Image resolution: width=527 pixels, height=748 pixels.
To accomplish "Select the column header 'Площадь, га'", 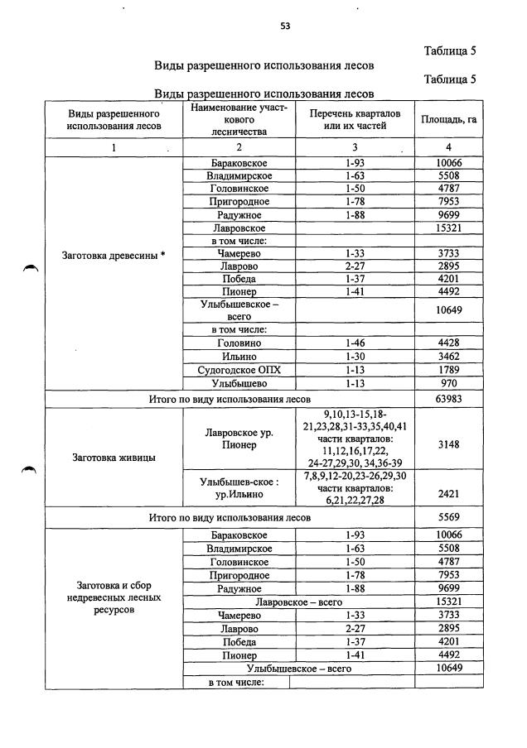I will [449, 119].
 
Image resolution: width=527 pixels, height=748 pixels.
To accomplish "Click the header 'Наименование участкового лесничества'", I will [239, 119].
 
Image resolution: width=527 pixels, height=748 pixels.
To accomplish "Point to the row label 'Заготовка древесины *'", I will [114, 254].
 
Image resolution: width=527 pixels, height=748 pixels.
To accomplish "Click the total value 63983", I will [449, 399].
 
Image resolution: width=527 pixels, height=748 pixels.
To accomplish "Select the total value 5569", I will [449, 517].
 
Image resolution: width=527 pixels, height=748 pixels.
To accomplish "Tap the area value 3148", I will [449, 444].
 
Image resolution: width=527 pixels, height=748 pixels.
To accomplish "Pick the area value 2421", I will [449, 494].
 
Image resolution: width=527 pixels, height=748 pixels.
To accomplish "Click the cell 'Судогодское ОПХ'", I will [239, 370].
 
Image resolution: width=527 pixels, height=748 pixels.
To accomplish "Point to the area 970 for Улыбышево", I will [449, 384].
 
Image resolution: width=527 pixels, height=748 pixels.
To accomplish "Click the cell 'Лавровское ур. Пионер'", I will [239, 439].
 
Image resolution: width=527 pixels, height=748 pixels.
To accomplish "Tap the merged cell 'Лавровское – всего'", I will [299, 601].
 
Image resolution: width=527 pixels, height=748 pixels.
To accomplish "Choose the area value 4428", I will [449, 343].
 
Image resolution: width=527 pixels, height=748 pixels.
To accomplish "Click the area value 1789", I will [449, 370].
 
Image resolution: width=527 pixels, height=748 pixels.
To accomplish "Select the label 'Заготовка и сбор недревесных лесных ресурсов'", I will [114, 597].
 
